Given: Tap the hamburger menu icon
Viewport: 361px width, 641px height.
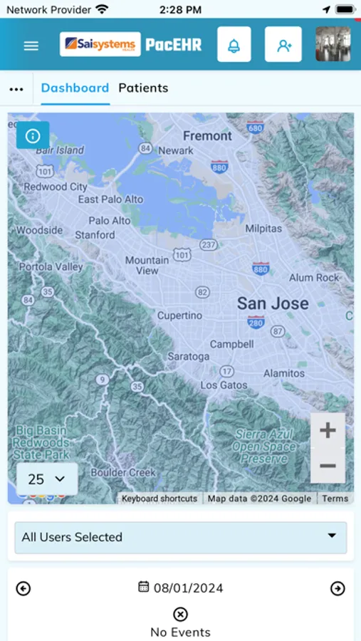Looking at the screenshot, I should click(x=31, y=46).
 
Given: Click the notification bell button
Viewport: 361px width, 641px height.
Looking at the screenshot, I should click(x=234, y=45).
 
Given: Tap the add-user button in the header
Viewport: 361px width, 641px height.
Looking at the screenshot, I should click(x=283, y=45).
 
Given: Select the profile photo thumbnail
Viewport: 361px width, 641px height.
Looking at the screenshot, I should click(x=333, y=44).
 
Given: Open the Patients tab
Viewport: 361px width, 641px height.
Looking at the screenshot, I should click(x=143, y=88).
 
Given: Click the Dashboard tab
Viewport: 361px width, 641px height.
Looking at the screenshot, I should click(x=75, y=88).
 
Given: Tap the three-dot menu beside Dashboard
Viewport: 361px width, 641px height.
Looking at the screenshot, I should click(x=16, y=89).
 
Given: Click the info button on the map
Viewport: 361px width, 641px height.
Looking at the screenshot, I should click(x=33, y=135).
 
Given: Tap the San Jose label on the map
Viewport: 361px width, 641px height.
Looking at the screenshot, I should click(x=273, y=303).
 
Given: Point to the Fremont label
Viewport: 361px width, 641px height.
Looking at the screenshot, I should click(x=207, y=135).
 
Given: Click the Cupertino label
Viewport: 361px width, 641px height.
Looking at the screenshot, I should click(x=179, y=315).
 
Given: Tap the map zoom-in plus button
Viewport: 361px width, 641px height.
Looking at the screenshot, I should click(x=328, y=430).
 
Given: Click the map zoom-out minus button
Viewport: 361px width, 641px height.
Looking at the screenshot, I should click(x=328, y=466).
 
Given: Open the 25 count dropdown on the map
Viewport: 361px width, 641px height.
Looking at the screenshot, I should click(x=46, y=479).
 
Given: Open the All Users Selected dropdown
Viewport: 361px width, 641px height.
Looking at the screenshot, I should click(x=180, y=537).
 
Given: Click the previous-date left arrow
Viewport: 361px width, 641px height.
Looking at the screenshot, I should click(x=23, y=588).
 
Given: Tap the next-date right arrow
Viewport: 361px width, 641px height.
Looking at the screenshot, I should click(x=338, y=588).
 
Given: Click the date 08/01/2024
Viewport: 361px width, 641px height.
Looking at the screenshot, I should click(x=181, y=588).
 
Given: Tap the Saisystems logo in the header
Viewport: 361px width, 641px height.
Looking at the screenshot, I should click(x=100, y=44).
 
